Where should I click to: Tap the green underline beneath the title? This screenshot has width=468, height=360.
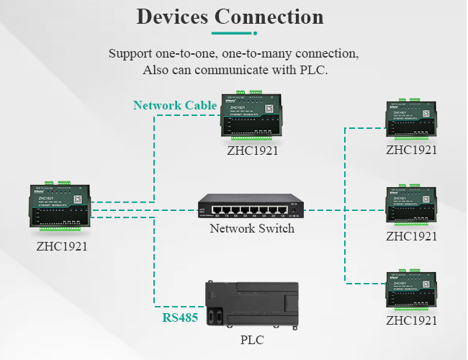(x=234, y=33)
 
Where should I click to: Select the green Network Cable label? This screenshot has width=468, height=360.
(x=175, y=106)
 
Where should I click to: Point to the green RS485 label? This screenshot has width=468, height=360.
(x=180, y=317)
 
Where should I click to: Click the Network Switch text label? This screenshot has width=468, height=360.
(x=252, y=229)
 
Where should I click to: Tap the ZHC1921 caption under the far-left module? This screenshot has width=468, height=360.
(x=61, y=246)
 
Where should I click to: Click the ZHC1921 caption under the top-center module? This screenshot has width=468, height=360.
(x=252, y=151)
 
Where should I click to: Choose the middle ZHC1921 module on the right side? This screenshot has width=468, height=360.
(x=412, y=206)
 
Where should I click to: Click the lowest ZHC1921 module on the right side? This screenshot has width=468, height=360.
(x=412, y=291)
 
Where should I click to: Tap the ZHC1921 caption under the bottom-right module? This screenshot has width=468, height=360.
(x=412, y=321)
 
